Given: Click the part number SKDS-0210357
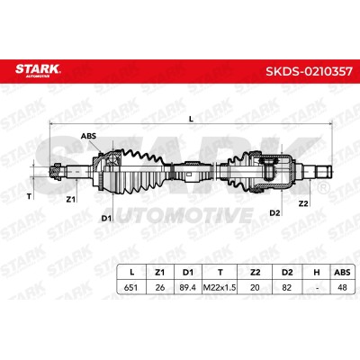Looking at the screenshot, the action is click(x=309, y=72).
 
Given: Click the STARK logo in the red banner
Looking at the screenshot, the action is click(x=38, y=70).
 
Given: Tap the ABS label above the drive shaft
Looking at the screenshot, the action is click(x=88, y=136).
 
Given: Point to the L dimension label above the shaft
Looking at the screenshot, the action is click(x=191, y=119).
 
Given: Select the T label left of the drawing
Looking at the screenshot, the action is click(x=29, y=197).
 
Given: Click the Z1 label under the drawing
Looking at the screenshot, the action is click(x=70, y=199).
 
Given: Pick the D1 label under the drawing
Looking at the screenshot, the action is click(x=106, y=218).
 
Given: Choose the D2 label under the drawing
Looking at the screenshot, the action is click(x=274, y=213).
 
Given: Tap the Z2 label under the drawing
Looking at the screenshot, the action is click(x=303, y=203).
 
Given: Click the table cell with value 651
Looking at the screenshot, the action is click(x=130, y=287).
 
